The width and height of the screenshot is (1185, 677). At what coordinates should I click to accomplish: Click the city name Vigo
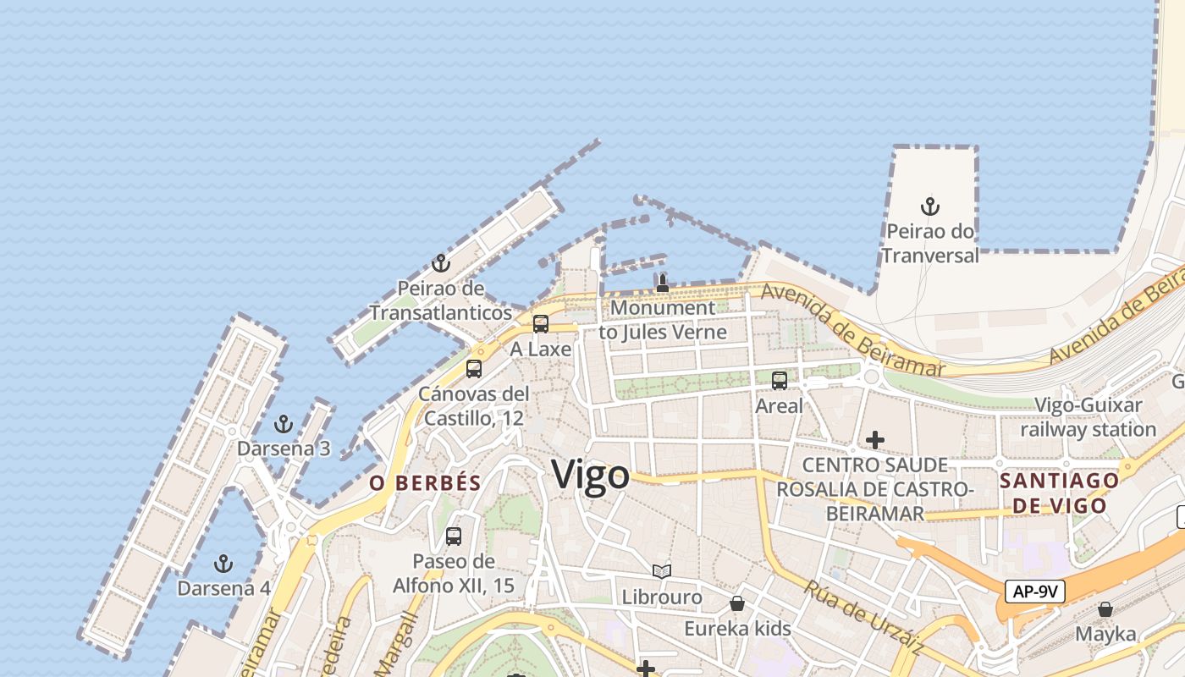pyautogui.click(x=591, y=476)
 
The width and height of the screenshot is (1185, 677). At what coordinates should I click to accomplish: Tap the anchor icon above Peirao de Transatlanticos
pyautogui.click(x=440, y=263)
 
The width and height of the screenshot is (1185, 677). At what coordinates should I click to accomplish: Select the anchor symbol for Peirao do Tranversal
pyautogui.click(x=930, y=206)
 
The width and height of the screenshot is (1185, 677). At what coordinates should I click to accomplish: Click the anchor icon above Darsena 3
pyautogui.click(x=284, y=424)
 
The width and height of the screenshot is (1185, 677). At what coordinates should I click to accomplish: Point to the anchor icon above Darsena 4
pyautogui.click(x=223, y=563)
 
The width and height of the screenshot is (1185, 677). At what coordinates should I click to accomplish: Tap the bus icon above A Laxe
pyautogui.click(x=540, y=323)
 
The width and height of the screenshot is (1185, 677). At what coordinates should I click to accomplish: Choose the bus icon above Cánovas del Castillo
pyautogui.click(x=474, y=368)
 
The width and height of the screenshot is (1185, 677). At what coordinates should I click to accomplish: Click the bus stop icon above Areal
pyautogui.click(x=780, y=381)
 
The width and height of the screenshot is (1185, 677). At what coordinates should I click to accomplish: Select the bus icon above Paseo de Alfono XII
pyautogui.click(x=454, y=536)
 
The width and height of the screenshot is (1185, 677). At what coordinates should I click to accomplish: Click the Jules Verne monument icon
pyautogui.click(x=663, y=283)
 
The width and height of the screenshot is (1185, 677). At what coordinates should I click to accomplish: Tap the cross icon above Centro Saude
pyautogui.click(x=875, y=440)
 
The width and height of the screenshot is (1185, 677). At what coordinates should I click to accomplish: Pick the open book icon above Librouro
pyautogui.click(x=662, y=572)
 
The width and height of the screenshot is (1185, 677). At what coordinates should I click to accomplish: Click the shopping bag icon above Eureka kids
pyautogui.click(x=737, y=603)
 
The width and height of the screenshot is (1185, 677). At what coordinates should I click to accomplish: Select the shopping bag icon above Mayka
pyautogui.click(x=1105, y=609)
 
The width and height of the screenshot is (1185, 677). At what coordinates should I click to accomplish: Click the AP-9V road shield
pyautogui.click(x=1034, y=591)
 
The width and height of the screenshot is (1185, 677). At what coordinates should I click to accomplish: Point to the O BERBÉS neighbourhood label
pyautogui.click(x=425, y=483)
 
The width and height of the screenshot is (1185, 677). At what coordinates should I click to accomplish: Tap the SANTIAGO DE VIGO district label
pyautogui.click(x=1060, y=493)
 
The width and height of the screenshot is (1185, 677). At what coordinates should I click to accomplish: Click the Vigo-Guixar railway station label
pyautogui.click(x=1088, y=417)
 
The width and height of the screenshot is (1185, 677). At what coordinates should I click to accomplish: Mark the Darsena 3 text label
pyautogui.click(x=284, y=449)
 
